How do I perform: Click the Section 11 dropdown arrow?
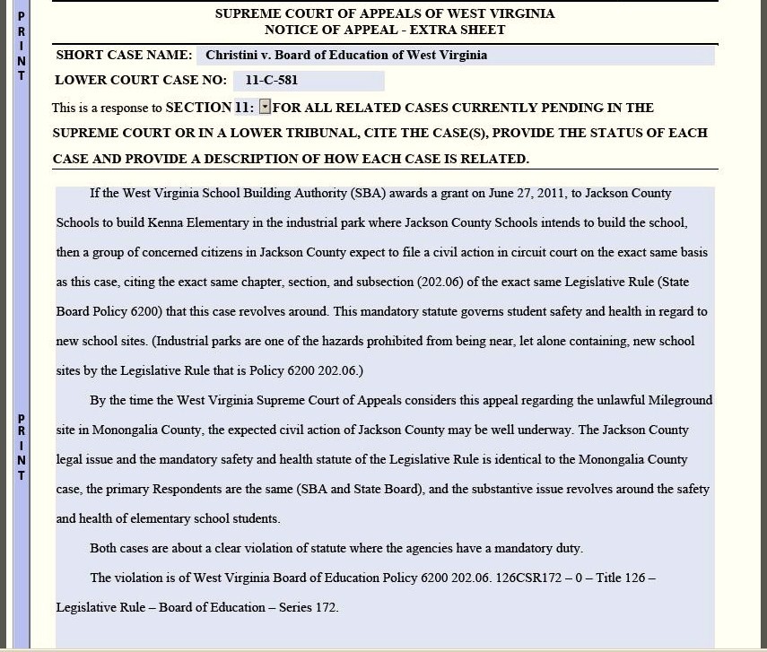pyautogui.click(x=265, y=108)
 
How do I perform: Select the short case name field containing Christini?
pyautogui.click(x=455, y=56)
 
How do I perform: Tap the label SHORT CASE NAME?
pyautogui.click(x=124, y=56)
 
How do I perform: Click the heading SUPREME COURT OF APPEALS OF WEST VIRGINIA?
pyautogui.click(x=385, y=13)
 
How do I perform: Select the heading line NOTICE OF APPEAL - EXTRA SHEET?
pyautogui.click(x=385, y=30)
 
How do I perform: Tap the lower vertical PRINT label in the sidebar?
pyautogui.click(x=22, y=447)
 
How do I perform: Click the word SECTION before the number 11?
pyautogui.click(x=198, y=108)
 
